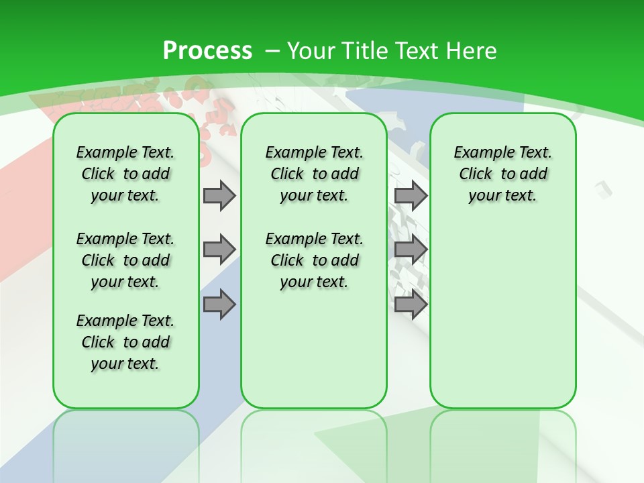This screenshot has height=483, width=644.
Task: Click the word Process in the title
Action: click(207, 50)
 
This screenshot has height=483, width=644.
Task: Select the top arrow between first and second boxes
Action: click(219, 195)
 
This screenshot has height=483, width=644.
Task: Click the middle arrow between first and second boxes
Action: click(219, 250)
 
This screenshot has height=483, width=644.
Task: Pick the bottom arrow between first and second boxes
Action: click(219, 305)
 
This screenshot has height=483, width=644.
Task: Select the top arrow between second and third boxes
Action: click(411, 195)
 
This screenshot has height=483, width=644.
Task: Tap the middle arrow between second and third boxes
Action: click(411, 250)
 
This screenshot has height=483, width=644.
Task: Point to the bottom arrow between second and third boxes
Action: click(411, 305)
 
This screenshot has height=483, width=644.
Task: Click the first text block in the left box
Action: click(125, 174)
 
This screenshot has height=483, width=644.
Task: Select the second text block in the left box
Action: click(125, 260)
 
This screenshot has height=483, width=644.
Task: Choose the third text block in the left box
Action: click(125, 342)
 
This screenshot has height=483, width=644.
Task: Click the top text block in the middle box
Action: click(314, 174)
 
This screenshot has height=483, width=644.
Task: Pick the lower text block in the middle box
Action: click(314, 260)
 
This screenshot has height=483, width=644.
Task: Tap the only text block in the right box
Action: click(502, 174)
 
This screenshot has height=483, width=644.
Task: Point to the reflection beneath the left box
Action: click(126, 443)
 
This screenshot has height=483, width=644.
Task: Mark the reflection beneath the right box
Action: click(502, 443)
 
